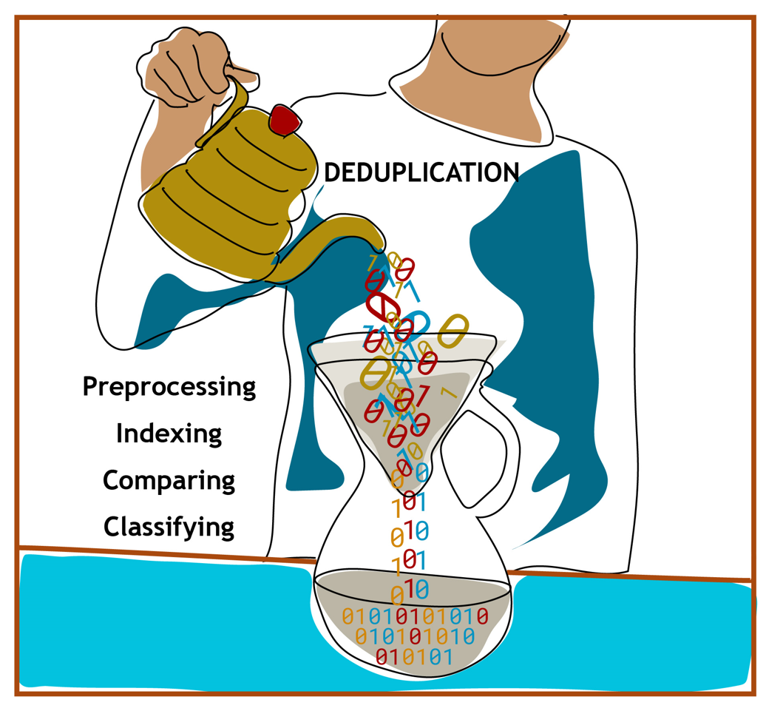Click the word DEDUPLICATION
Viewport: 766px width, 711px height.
[421, 172]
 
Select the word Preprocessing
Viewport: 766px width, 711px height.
[169, 387]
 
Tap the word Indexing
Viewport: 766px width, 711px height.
[169, 434]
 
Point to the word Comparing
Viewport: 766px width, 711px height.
[169, 480]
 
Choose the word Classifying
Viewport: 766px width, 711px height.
[169, 527]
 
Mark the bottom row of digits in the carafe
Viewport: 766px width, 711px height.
[413, 656]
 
